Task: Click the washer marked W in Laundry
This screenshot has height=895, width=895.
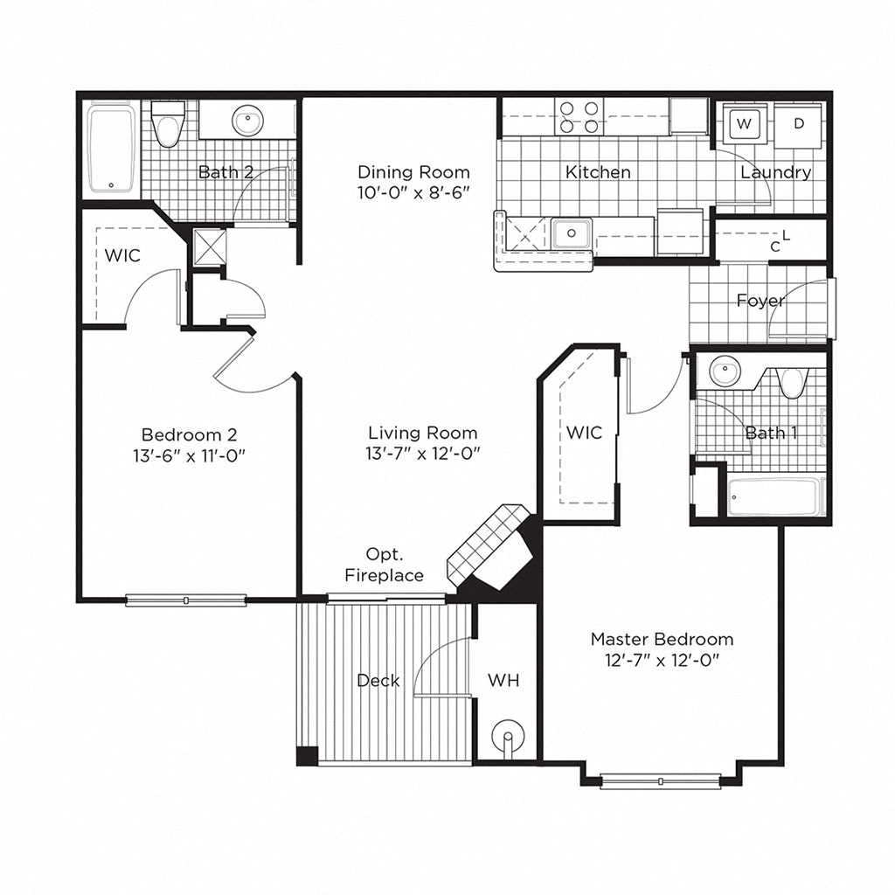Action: click(x=744, y=124)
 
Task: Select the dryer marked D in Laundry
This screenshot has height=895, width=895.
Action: click(x=798, y=124)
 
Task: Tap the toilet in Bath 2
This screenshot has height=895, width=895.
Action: click(x=168, y=125)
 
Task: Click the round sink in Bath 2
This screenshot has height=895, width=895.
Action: click(x=249, y=121)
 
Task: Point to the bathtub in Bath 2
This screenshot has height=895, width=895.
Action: click(x=111, y=149)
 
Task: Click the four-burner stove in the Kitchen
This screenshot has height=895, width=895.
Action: click(x=580, y=117)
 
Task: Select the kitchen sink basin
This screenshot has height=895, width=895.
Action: click(x=572, y=233)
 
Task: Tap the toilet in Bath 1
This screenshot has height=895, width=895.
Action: click(x=793, y=381)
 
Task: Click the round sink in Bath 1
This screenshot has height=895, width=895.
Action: click(x=724, y=371)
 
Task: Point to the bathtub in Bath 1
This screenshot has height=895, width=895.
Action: click(x=774, y=497)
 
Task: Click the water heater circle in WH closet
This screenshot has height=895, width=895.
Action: click(x=507, y=737)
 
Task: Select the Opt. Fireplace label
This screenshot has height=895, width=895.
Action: click(x=384, y=565)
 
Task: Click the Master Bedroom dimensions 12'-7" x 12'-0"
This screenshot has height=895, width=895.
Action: click(x=662, y=660)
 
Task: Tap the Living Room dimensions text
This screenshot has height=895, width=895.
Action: click(x=422, y=453)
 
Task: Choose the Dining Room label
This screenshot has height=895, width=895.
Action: click(x=413, y=172)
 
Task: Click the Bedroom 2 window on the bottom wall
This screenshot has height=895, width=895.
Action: click(x=185, y=600)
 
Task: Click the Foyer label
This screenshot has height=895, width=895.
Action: click(x=760, y=301)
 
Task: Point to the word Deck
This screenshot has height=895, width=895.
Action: click(x=378, y=680)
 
